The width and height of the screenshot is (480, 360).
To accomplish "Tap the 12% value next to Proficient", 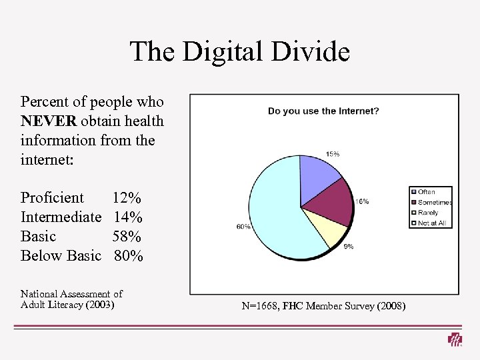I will point(127,198).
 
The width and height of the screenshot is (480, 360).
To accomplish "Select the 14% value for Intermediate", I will point(128,217).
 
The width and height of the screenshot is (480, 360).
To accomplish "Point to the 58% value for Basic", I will point(127,237).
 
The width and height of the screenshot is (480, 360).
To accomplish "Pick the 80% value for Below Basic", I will point(129,256).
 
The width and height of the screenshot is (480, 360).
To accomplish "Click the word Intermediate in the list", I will point(61,217).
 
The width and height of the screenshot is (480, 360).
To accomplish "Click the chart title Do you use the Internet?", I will point(323,111).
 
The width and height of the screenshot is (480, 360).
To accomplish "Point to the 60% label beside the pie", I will point(243,227).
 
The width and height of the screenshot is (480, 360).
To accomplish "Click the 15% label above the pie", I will point(332,154).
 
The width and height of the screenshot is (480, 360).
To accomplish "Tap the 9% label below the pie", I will point(348,247).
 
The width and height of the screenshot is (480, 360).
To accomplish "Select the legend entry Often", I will point(427,192).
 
